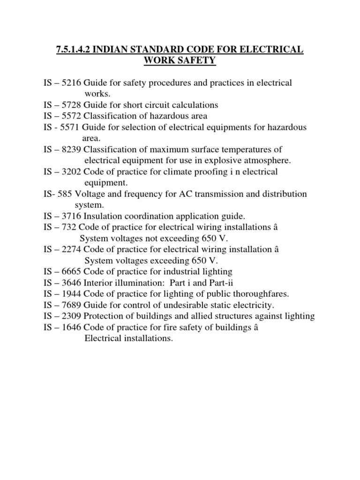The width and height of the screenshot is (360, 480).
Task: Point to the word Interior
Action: [x=98, y=283]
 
